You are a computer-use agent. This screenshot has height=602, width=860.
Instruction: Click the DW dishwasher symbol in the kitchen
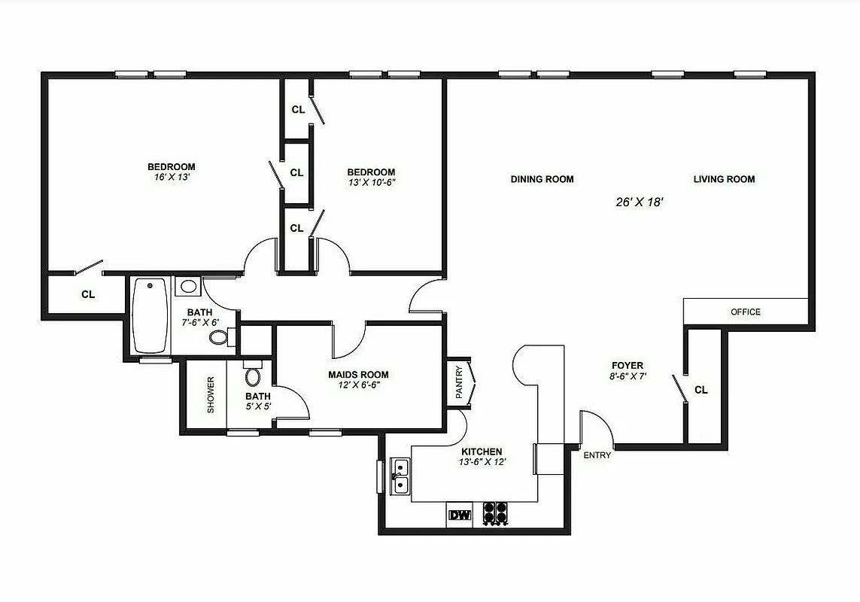tap(459, 515)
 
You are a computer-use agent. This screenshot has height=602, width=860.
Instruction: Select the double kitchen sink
tap(400, 476)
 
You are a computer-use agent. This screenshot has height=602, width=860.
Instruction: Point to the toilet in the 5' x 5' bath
tap(254, 376)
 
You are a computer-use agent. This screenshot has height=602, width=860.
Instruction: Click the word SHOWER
tap(211, 394)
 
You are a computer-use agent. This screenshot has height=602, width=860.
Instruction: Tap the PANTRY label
tap(458, 382)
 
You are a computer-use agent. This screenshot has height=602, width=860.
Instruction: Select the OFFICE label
tap(746, 312)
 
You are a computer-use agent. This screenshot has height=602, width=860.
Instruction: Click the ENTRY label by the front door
tap(597, 455)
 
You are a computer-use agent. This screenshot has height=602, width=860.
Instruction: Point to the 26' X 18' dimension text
tap(638, 202)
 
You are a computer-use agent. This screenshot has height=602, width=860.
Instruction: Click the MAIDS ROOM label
tap(358, 375)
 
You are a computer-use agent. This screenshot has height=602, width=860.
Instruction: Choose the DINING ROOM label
tap(542, 179)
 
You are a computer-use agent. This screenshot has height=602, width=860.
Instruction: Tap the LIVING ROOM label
tap(724, 179)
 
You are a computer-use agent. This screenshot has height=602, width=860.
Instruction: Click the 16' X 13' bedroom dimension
tap(171, 177)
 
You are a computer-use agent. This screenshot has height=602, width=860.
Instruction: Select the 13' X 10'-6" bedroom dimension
tap(370, 182)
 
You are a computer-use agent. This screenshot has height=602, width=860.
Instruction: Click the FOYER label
tap(627, 366)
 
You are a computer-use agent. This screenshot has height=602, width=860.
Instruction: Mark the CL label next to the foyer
tap(701, 390)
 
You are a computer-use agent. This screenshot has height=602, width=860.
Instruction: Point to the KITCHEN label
tap(481, 451)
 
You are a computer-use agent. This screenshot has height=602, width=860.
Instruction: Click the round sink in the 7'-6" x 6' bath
tap(189, 287)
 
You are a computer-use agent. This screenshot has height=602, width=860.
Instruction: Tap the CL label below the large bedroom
tap(88, 294)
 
